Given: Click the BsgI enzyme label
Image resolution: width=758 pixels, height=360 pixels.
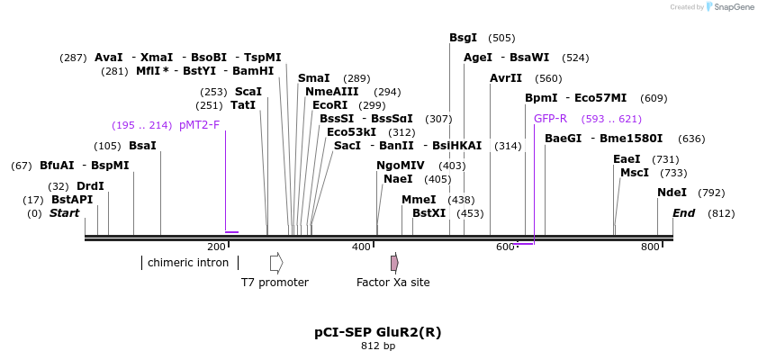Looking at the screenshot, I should pos(464,38).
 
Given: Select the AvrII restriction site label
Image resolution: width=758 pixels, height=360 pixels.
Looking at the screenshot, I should pos(506,78).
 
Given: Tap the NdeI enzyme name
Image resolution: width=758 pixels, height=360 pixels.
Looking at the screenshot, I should pos(672,193).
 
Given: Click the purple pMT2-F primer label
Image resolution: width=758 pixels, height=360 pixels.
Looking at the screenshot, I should pos(199,125).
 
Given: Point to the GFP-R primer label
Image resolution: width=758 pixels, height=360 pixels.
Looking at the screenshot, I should pos(550,119).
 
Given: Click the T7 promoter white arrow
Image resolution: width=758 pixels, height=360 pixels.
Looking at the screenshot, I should pos(276,263).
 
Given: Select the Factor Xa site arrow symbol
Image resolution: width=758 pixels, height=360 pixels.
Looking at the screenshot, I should pos(394,263).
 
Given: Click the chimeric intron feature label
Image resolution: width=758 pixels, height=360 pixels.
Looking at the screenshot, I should pos(188,263).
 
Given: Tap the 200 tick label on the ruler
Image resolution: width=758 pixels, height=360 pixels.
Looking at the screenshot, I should pos(217,247).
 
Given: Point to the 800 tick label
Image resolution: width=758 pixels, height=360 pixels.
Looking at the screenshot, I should pos(650,247).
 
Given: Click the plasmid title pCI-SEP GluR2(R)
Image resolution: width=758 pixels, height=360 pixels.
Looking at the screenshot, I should pos(378,332).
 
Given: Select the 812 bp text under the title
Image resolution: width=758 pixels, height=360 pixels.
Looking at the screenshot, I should pos(378,346).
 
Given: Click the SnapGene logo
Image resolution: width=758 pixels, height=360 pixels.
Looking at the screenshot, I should pos(730,7).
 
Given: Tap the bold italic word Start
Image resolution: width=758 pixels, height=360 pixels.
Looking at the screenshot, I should pos(64,213).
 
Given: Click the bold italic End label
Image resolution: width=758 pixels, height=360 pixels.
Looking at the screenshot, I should pos(684,213).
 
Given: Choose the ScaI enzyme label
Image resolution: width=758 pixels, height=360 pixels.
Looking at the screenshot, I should pos(248,92).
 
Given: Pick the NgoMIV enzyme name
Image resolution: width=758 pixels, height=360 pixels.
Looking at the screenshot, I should pos(401,166).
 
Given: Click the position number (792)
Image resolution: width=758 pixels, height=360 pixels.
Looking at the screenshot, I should pos(711,193).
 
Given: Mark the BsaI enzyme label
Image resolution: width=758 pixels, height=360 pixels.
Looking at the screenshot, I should pos(142,146).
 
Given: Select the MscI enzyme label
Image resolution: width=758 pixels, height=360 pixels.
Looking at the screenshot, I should pos(635,173).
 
